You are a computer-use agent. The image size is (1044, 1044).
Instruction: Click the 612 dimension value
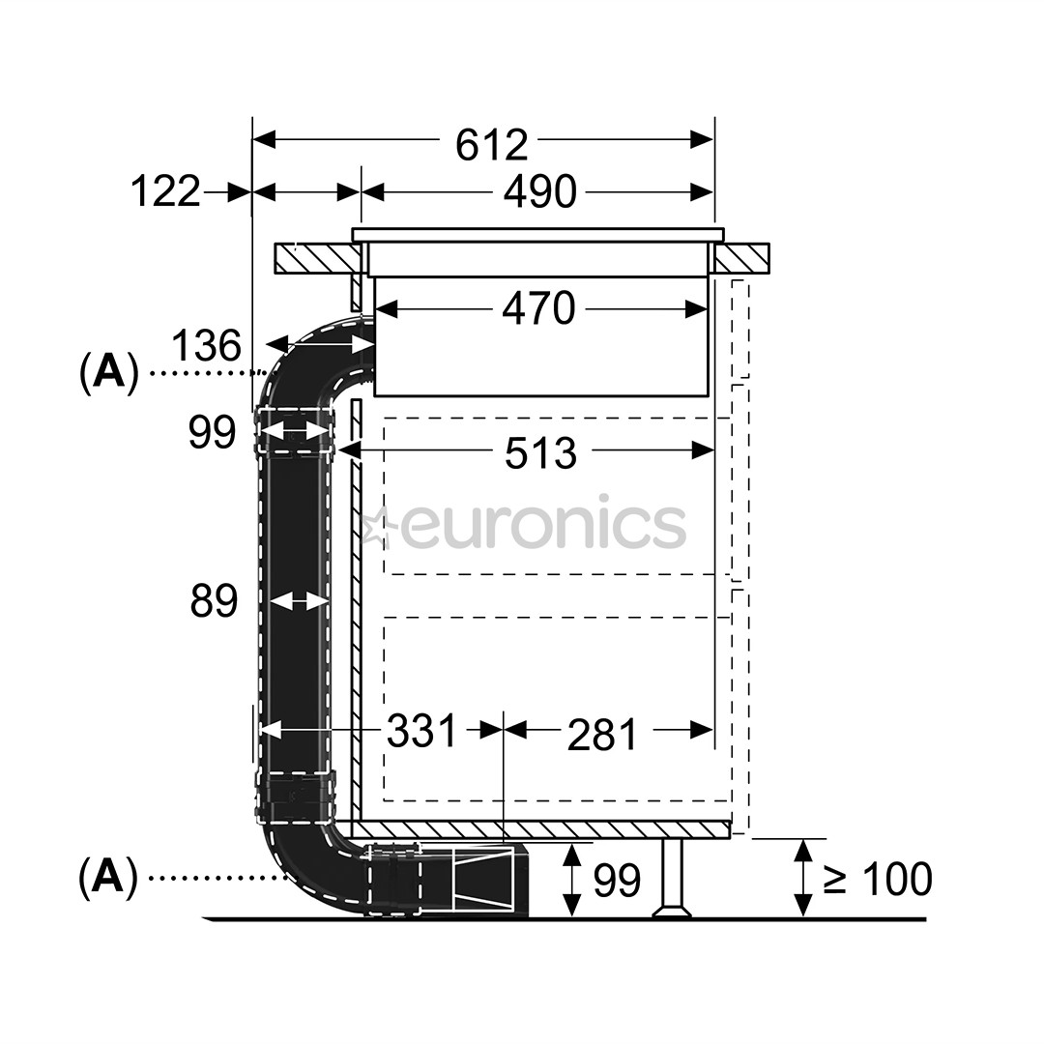[492, 143]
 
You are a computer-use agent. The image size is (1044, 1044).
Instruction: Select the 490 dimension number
[539, 192]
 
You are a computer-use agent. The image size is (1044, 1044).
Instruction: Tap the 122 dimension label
[165, 191]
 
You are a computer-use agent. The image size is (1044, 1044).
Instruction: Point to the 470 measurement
[538, 309]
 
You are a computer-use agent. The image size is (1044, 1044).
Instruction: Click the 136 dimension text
[205, 345]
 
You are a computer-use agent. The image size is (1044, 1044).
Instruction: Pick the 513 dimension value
[540, 452]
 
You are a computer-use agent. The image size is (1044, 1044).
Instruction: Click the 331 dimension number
[421, 731]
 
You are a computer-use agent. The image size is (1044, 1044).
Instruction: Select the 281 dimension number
[602, 734]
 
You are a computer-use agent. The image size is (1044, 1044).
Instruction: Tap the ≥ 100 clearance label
[878, 879]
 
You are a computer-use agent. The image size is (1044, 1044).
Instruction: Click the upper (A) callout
[108, 371]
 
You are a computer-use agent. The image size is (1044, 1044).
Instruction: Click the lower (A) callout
[108, 877]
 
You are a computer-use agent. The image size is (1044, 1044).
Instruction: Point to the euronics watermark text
[541, 526]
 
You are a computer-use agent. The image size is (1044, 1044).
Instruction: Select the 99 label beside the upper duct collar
[213, 433]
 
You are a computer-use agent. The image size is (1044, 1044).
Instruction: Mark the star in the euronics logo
[373, 527]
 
